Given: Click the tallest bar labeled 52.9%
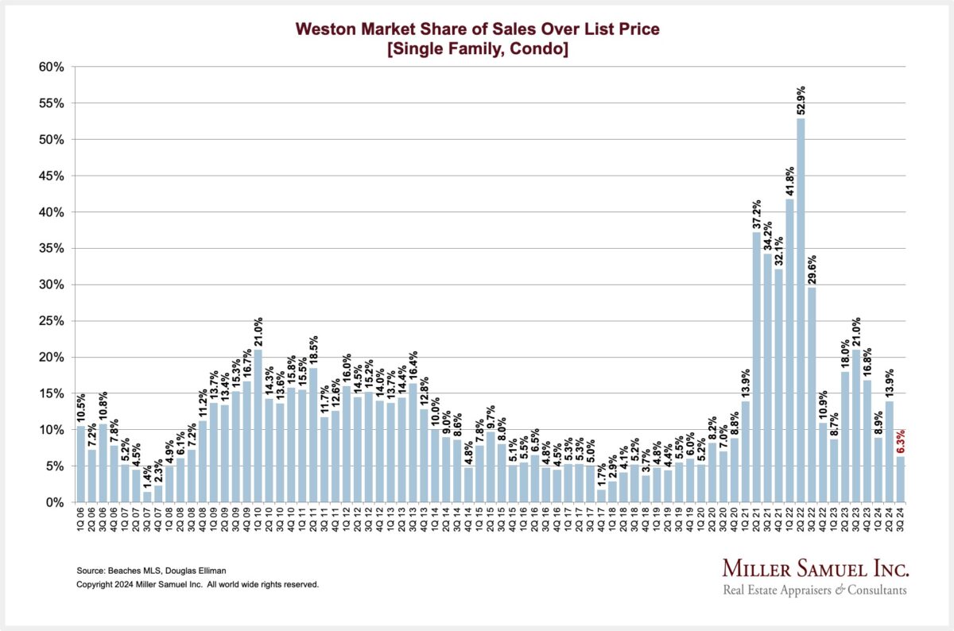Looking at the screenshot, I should (801, 310).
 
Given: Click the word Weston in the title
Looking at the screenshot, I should (325, 30).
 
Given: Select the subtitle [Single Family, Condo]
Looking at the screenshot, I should (477, 48).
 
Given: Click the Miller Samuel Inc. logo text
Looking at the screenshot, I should (816, 568).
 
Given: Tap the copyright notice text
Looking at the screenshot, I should (197, 584).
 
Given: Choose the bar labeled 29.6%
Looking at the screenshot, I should (812, 394).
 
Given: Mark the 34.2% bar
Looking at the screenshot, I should (767, 377).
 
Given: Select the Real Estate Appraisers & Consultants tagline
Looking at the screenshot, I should (814, 590).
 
